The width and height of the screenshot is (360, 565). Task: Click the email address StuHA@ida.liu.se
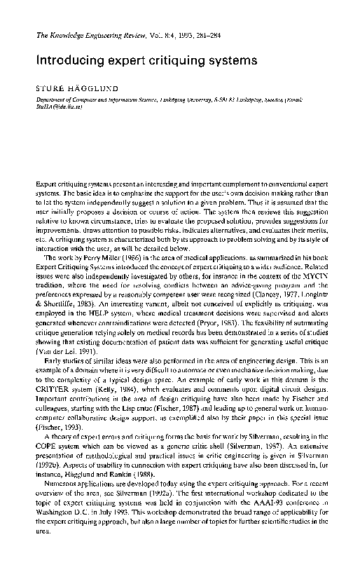(x=57, y=109)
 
